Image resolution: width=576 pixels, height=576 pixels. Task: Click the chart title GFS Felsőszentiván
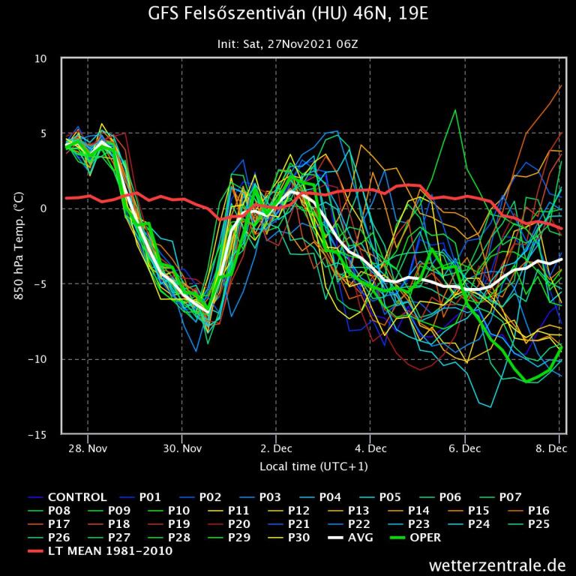289,15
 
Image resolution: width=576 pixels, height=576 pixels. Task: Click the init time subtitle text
289,44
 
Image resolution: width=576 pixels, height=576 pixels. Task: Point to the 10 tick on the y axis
41,58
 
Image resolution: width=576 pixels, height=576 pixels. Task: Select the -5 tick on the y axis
41,284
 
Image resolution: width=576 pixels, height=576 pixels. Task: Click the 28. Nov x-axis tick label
88,448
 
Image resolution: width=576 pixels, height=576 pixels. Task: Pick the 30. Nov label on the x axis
181,448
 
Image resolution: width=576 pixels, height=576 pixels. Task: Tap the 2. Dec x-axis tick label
276,448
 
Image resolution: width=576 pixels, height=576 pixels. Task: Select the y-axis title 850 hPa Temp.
18,246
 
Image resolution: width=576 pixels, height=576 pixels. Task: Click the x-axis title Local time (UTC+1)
313,466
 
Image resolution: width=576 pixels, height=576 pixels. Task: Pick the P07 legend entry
497,497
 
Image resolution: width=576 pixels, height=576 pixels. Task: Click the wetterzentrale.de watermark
497,564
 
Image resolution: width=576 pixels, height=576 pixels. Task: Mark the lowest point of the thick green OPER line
528,382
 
